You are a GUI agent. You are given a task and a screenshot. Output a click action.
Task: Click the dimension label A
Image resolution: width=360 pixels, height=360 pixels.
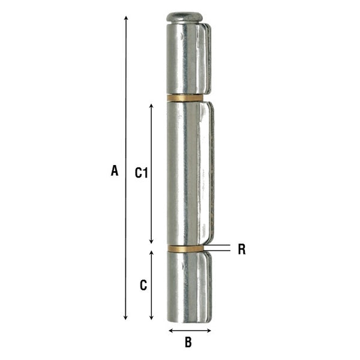coord(114,170)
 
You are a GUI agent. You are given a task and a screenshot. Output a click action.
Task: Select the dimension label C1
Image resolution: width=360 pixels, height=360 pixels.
coord(140,173)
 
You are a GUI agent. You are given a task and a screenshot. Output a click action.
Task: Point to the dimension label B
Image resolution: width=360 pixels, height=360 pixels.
coord(188,343)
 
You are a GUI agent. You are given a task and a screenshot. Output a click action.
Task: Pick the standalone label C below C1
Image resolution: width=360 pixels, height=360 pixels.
coord(143,286)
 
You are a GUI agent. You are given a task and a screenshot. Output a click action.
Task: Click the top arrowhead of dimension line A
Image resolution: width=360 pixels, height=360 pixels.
coord(126,18)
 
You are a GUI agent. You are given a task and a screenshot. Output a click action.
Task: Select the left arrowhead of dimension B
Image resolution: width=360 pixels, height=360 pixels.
coord(171,329)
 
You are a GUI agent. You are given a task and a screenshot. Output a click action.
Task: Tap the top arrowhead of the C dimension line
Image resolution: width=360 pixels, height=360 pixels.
coord(151,254)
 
